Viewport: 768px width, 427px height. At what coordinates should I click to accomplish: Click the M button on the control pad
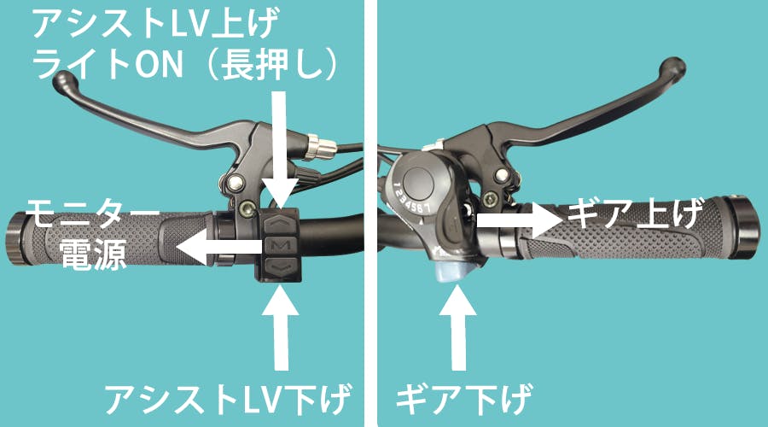280,244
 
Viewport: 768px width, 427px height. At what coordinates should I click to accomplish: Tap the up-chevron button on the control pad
280,222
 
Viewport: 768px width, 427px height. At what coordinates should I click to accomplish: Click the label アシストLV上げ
156,23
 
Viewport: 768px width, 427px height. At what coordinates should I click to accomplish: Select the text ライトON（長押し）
184,64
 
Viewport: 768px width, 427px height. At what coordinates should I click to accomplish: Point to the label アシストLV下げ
228,398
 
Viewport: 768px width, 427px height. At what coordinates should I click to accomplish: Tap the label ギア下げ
464,398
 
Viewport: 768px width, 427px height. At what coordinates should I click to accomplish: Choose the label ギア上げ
635,214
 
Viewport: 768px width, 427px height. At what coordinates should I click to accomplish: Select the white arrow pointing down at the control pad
280,149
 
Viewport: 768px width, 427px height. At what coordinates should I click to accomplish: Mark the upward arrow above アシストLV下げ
281,327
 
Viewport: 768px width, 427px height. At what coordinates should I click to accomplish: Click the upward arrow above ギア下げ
458,327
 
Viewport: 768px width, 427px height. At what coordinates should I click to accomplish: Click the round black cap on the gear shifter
416,179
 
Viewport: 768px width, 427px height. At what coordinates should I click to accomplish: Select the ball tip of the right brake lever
673,67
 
